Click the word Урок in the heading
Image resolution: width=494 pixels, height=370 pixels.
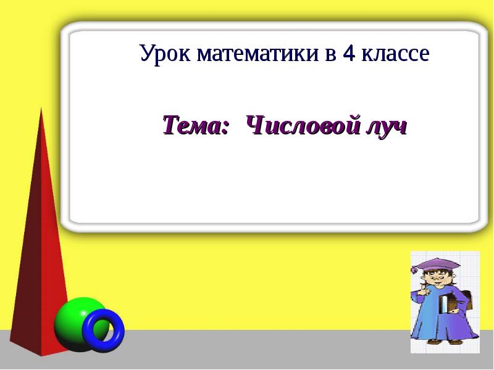(165, 54)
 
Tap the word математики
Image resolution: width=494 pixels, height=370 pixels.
(257, 54)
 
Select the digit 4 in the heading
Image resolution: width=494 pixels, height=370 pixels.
(349, 54)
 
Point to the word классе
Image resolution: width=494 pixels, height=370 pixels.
(395, 54)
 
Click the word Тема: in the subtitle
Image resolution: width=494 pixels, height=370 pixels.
(195, 125)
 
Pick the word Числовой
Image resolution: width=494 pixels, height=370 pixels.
(303, 125)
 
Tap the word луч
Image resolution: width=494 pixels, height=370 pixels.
(387, 127)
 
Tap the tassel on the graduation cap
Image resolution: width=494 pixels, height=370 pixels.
(414, 269)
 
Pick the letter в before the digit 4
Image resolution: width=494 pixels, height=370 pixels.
(330, 55)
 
